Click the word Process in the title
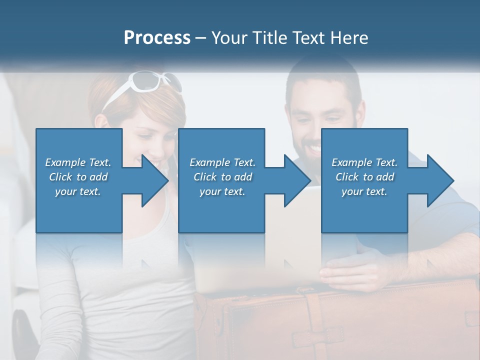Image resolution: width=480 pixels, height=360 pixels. [x=157, y=38]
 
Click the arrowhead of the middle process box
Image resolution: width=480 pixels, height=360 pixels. [x=297, y=180]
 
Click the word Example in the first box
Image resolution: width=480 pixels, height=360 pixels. [x=65, y=162]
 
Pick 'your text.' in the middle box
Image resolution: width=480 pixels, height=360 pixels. [x=222, y=191]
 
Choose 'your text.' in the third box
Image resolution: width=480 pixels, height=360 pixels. [x=364, y=191]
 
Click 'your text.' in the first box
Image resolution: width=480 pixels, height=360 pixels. [x=77, y=191]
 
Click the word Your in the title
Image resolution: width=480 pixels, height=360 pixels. [x=226, y=38]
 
